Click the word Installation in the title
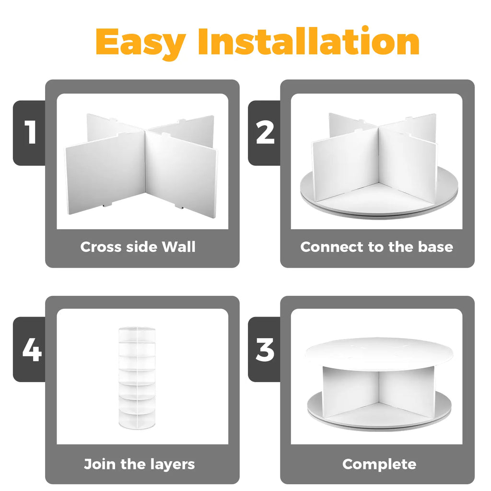click(x=309, y=41)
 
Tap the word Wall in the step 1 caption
click(x=178, y=246)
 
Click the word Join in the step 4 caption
click(x=100, y=464)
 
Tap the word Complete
click(x=379, y=464)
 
